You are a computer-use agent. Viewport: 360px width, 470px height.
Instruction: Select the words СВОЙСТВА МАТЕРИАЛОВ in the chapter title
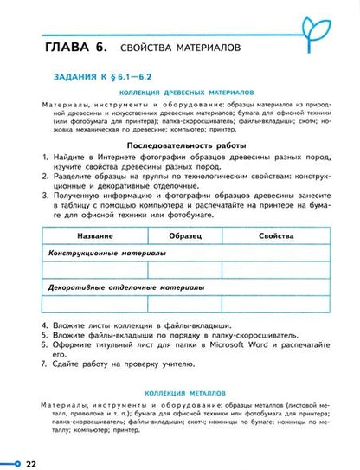click(167, 45)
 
